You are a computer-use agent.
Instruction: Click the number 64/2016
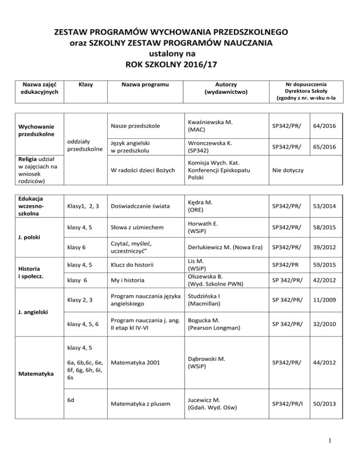click(326, 126)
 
